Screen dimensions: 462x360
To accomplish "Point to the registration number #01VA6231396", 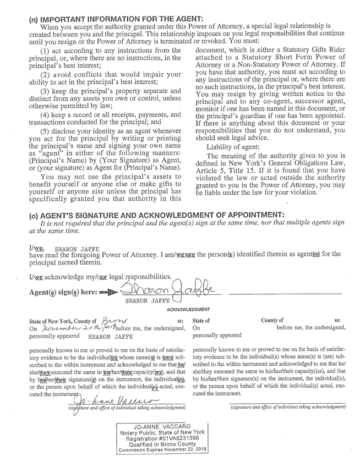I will [187, 439].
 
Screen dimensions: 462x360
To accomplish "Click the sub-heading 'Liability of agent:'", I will [232, 147].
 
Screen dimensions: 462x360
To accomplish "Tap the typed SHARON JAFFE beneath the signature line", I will [147, 301].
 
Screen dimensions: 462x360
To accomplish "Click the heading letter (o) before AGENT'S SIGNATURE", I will [34, 214].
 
